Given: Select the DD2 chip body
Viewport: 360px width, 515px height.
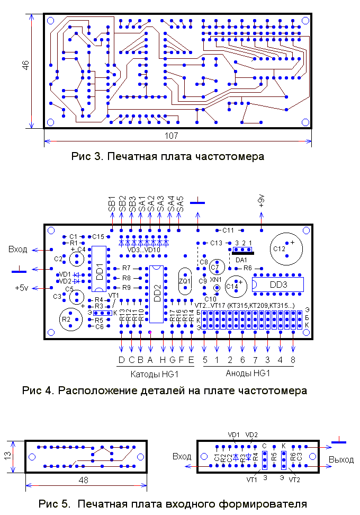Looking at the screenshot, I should tap(157, 294).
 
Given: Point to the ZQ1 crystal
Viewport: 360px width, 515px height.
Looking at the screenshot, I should tap(185, 281).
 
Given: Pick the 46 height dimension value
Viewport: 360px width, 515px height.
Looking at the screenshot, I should tap(25, 65).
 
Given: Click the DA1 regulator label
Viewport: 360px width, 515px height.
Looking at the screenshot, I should tap(241, 260).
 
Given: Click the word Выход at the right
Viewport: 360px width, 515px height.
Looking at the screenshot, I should tap(341, 459).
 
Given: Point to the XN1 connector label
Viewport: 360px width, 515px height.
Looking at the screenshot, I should tap(216, 279).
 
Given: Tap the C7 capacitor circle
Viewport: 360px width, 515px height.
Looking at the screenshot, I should tap(215, 267).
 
